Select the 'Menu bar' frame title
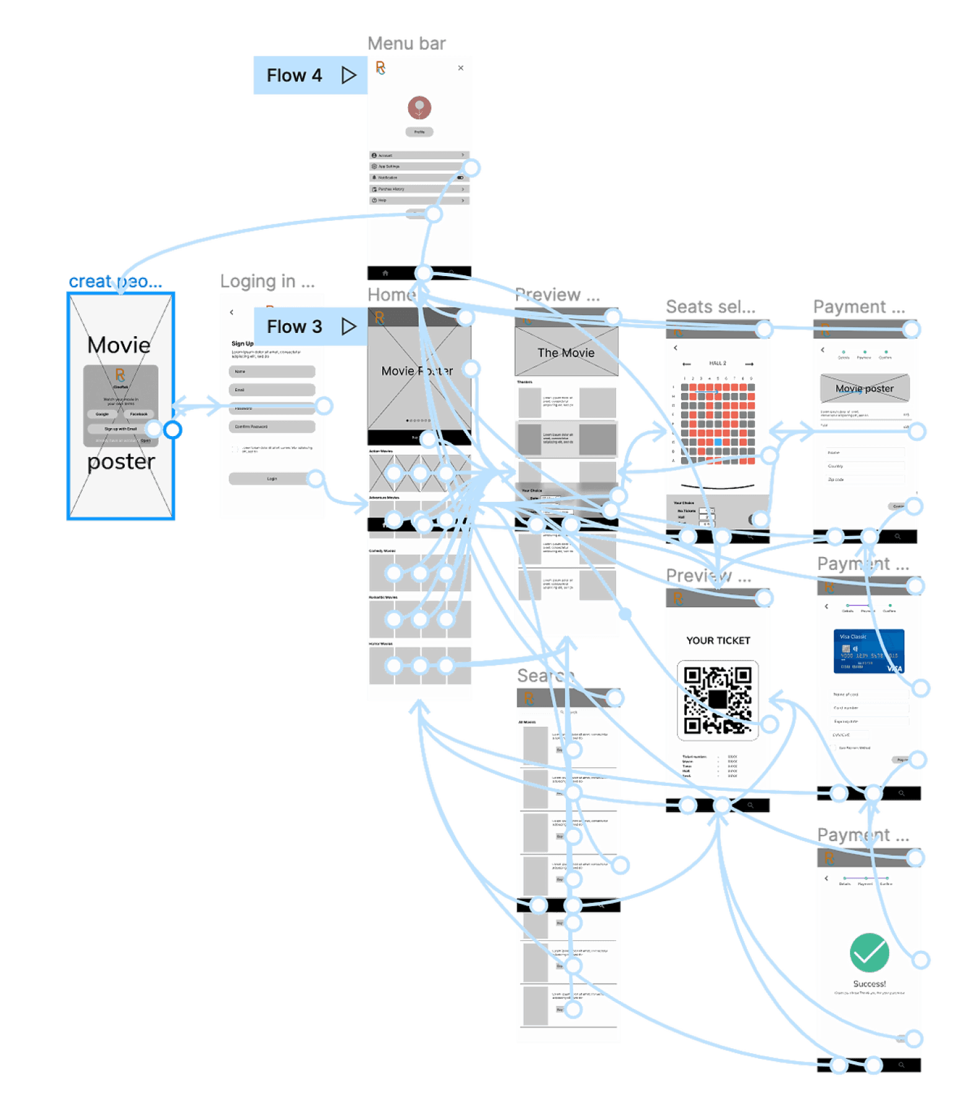(x=406, y=43)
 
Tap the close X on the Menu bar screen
(x=460, y=68)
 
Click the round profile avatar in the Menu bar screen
(x=419, y=107)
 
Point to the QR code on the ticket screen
(x=718, y=700)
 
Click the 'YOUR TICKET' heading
(x=718, y=640)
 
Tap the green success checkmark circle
(x=869, y=953)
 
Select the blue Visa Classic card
(x=869, y=651)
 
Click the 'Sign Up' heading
(x=243, y=344)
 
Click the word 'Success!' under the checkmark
(x=869, y=984)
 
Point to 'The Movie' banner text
(x=566, y=353)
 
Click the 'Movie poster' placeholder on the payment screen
(x=864, y=388)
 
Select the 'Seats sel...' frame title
(x=710, y=306)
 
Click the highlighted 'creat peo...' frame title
(x=115, y=282)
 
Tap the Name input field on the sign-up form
(x=272, y=372)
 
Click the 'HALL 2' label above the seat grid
(x=717, y=363)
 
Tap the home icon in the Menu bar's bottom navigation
(x=385, y=273)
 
